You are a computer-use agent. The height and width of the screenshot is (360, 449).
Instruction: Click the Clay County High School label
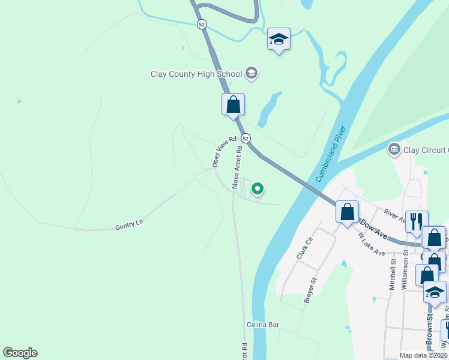tap(196, 74)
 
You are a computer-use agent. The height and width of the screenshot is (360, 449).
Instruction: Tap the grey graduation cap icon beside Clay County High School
tap(252, 74)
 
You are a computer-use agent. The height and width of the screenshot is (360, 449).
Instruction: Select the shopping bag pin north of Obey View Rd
tap(233, 104)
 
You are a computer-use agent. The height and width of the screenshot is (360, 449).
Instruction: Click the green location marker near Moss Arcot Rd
tap(258, 189)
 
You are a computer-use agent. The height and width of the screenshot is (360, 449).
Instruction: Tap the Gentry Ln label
tap(130, 226)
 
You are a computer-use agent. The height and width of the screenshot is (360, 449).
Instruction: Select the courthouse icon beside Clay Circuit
tap(394, 149)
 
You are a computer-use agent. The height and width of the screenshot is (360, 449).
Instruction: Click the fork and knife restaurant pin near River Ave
tap(415, 220)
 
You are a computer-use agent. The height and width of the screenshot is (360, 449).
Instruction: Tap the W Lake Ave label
tap(371, 244)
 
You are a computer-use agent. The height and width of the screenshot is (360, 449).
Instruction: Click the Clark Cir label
tap(305, 248)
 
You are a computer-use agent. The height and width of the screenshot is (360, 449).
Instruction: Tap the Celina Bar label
tap(263, 325)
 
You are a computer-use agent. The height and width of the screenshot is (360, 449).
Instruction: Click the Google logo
tap(20, 353)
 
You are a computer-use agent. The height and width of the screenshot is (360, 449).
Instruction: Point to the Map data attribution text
tap(424, 355)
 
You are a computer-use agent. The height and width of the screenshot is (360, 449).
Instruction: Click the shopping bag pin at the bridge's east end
tap(347, 212)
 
